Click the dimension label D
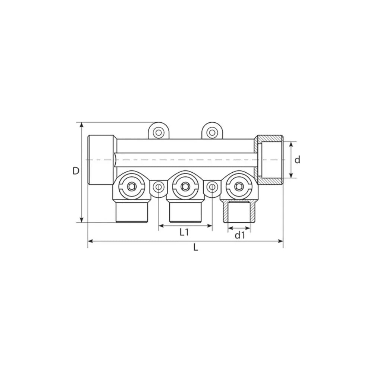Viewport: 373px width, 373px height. pos(76,171)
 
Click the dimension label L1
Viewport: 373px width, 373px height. pos(184,232)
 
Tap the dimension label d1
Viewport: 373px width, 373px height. pos(240,235)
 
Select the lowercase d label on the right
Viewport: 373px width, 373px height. pos(297,160)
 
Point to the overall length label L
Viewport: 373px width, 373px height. pos(195,247)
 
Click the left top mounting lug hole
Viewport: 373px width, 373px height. pos(158,132)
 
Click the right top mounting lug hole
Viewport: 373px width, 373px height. pos(211,132)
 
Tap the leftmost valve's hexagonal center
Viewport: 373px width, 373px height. pos(131,186)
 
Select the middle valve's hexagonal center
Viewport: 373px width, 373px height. pos(184,186)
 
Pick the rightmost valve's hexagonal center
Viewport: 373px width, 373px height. pos(237,186)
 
